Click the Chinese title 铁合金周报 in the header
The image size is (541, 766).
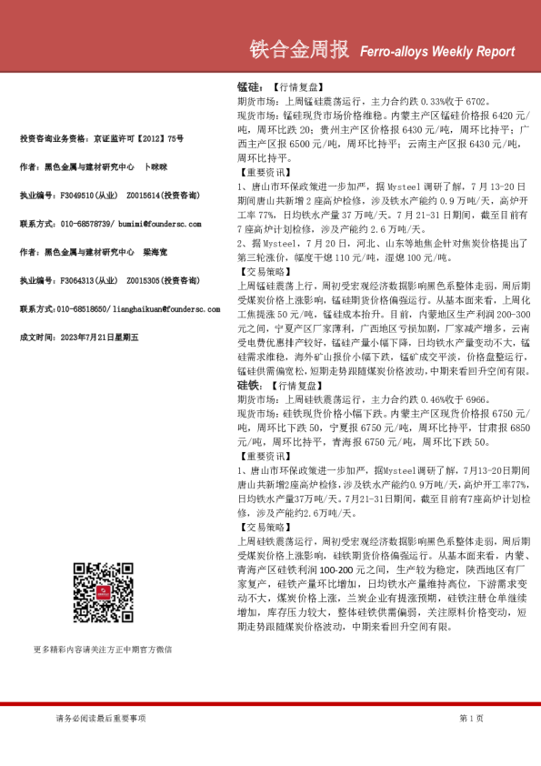[x=298, y=50]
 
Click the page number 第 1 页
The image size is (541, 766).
[x=472, y=719]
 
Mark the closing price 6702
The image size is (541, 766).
[x=477, y=103]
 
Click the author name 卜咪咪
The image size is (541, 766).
[x=156, y=167]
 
